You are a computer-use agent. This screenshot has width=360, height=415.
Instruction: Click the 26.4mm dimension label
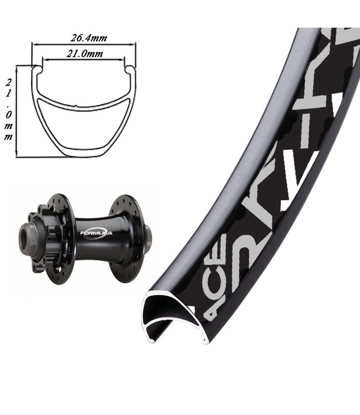(89, 38)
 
